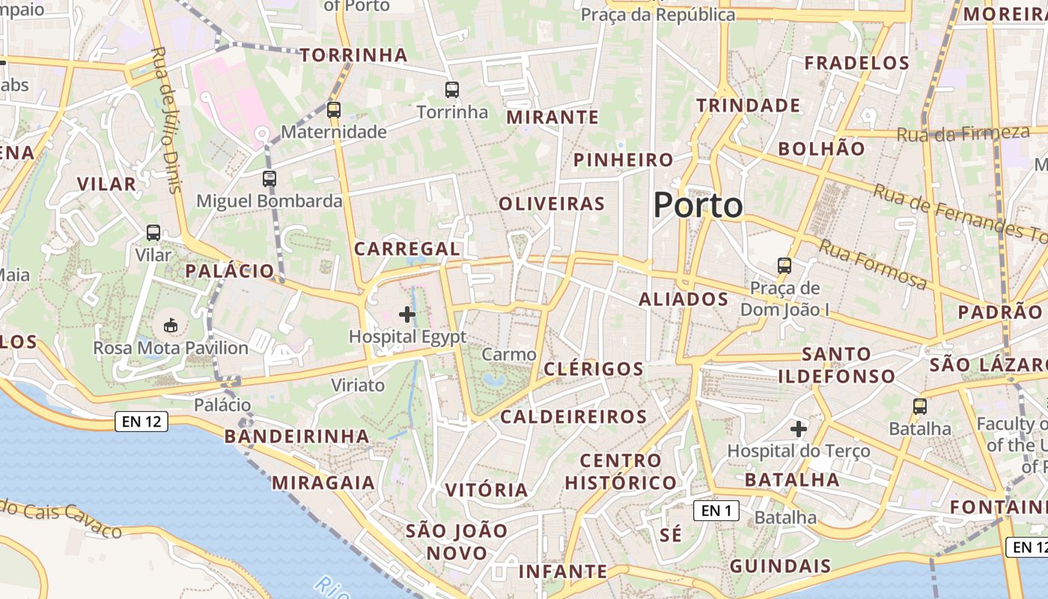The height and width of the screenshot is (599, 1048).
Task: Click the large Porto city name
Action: [x=698, y=205]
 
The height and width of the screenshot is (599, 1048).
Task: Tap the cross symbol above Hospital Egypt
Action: [x=407, y=314]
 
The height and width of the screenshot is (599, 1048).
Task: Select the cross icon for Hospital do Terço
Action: [x=799, y=429]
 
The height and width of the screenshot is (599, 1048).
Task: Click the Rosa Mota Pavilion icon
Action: [x=171, y=326]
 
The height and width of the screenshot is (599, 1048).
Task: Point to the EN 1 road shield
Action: [x=716, y=511]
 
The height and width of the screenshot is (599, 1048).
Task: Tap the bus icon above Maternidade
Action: [x=334, y=110]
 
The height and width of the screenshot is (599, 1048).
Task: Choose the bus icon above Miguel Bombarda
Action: [x=269, y=179]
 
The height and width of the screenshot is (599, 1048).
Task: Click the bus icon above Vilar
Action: [x=153, y=233]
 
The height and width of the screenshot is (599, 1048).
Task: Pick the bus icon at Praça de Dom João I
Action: [x=785, y=266]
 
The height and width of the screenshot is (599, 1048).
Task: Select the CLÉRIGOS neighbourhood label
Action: [x=594, y=368]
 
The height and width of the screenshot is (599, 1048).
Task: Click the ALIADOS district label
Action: [x=683, y=299]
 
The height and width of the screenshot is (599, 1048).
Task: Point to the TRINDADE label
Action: [x=749, y=106]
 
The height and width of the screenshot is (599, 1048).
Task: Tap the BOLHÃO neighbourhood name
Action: [x=821, y=148]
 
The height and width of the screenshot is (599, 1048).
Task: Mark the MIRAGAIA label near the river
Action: [x=323, y=482]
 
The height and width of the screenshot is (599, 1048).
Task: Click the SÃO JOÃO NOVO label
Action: [x=457, y=542]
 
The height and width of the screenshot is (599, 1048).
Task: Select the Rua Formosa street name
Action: [x=872, y=264]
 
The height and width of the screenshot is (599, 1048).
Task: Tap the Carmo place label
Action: [x=509, y=354]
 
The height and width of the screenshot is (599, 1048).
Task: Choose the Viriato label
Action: [x=358, y=386]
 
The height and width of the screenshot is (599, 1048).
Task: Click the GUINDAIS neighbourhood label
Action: [x=780, y=565]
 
